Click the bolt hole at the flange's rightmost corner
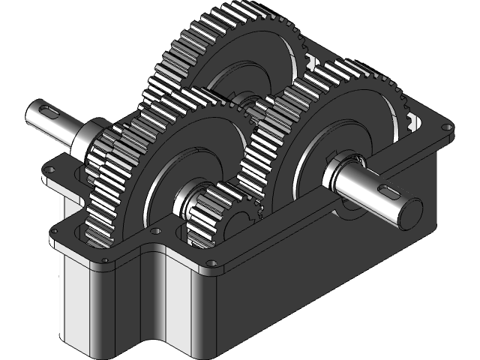[448, 127]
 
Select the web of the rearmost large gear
[247, 67]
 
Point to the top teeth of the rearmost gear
[225, 15]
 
